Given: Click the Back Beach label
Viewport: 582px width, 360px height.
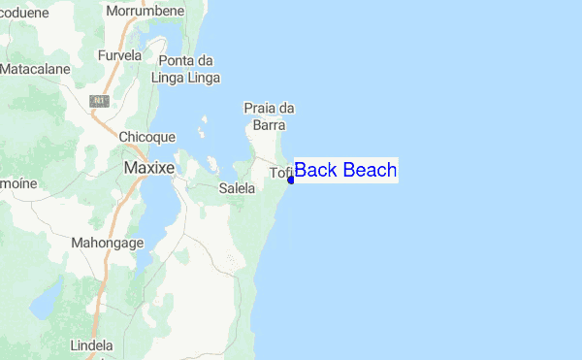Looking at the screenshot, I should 345,171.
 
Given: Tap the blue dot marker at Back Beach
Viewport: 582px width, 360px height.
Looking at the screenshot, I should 291,180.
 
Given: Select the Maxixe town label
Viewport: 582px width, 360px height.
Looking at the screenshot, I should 149,168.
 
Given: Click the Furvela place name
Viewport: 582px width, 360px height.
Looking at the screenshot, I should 120,55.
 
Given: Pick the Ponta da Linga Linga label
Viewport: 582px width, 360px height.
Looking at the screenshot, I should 188,69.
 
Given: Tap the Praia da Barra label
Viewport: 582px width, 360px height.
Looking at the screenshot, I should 268,115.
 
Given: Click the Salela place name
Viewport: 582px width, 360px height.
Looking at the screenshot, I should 237,188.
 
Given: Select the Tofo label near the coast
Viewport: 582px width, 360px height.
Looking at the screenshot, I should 280,174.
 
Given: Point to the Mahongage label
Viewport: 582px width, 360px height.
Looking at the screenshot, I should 108,243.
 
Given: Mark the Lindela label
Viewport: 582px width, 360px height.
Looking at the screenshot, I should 92,344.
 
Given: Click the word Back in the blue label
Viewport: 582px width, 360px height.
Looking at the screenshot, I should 315,171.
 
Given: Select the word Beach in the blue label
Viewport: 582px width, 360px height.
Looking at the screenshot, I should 369,171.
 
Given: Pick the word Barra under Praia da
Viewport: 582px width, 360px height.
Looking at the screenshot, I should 268,124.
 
